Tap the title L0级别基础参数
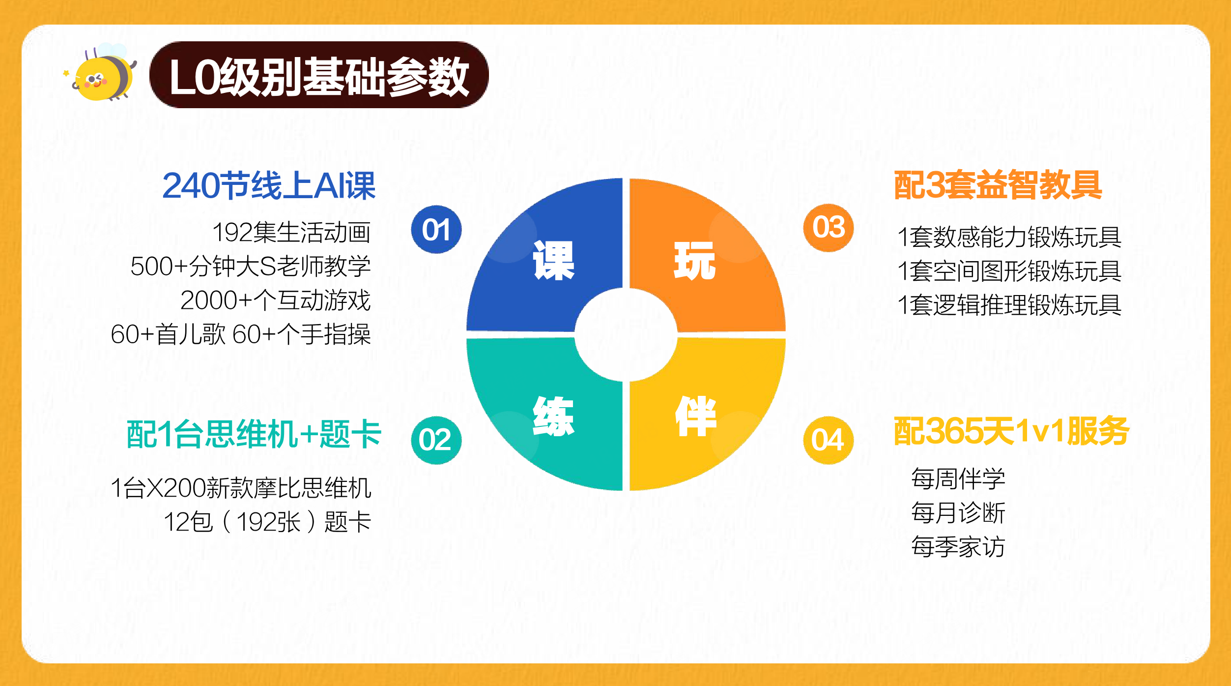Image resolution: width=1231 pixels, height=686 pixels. coord(319,77)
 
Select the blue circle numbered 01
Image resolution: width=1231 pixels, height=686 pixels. coord(436,230)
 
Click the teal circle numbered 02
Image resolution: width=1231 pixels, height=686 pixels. coord(436,440)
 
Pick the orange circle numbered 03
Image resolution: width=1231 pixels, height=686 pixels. coord(828,228)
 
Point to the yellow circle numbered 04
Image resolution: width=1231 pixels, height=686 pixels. coord(828,440)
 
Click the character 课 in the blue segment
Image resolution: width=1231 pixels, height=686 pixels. coord(554,261)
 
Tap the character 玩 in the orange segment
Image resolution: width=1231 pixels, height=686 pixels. coord(694,261)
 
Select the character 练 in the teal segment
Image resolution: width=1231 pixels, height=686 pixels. coord(553,417)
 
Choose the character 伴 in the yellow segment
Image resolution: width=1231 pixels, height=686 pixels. coord(696,417)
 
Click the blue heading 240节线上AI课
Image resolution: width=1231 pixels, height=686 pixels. coord(269,186)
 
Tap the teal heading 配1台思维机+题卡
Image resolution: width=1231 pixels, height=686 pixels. coord(254,434)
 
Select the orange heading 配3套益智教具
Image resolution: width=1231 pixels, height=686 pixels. coord(998,185)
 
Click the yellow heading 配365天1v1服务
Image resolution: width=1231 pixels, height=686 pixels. coord(1011,431)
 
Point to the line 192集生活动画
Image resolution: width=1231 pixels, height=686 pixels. coord(291,232)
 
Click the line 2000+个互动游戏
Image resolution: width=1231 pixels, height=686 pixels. coord(276,300)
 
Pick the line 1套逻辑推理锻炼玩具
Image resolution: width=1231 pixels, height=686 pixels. coord(1009,305)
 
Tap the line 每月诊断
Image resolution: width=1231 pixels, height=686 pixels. coord(958,513)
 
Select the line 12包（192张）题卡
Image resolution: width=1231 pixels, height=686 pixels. coord(267,522)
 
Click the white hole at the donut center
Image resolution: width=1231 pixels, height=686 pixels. coord(626,335)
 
